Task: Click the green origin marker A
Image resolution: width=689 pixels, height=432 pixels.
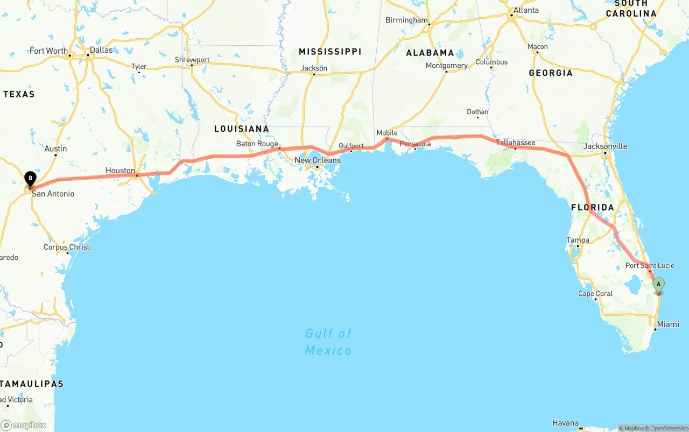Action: (658, 284)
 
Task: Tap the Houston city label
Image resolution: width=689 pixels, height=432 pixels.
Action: (120, 171)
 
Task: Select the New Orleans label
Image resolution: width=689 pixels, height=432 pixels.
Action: (318, 160)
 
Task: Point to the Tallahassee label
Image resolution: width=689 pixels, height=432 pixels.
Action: (515, 143)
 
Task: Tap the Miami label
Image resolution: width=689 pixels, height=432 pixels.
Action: (667, 324)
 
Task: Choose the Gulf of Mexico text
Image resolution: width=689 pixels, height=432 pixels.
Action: (328, 342)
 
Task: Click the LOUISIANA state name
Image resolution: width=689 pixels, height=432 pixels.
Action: (241, 129)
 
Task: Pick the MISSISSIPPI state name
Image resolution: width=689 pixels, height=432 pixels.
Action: (330, 52)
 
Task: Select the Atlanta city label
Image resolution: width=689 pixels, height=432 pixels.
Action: (526, 10)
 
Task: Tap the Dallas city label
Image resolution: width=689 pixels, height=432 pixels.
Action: (101, 50)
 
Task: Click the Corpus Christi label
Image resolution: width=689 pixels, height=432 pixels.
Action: (67, 247)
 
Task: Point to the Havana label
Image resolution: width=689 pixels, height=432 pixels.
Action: (565, 423)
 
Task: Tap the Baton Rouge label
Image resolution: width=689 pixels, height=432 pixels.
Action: (257, 144)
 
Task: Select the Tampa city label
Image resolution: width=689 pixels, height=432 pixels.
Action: (578, 240)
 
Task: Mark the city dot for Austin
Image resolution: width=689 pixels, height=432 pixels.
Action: (56, 155)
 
